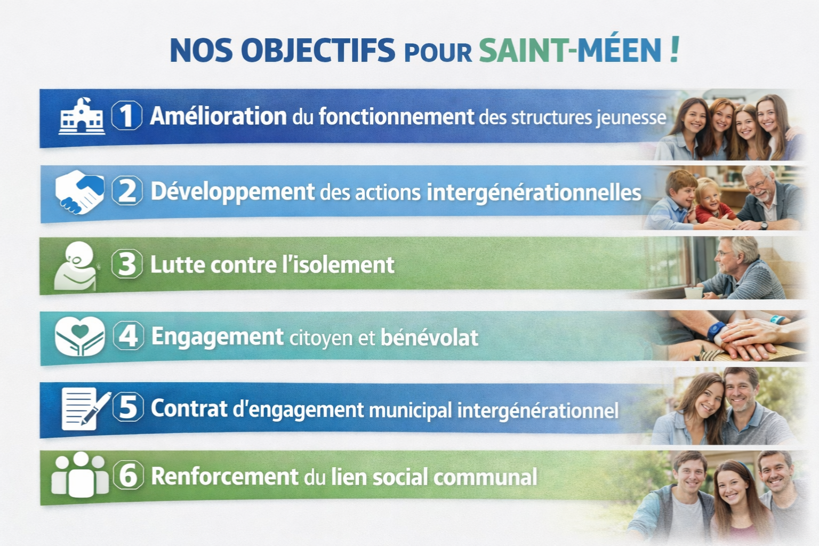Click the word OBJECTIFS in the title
coord(318,50)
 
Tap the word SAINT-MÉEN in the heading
coord(571,50)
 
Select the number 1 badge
coord(126,116)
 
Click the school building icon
coord(82,116)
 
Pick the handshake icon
coord(79,191)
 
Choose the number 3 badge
coord(126,264)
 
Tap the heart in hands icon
coord(79,336)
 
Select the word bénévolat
coord(429,337)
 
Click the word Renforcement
coord(225,476)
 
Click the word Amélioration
coord(218,116)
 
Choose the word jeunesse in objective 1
coord(631,118)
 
